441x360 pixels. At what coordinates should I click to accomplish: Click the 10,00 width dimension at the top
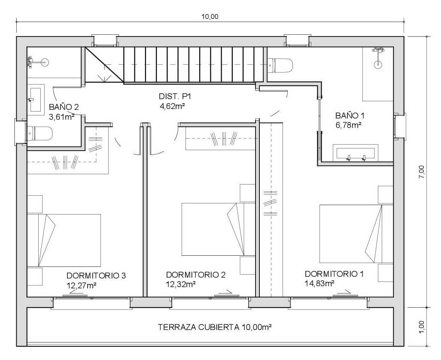(x=210, y=17)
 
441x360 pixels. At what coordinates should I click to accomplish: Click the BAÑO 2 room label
(x=64, y=107)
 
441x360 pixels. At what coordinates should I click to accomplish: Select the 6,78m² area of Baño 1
(x=349, y=125)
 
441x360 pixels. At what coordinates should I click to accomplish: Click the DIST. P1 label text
(x=175, y=97)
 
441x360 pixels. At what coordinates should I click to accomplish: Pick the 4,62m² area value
(x=172, y=106)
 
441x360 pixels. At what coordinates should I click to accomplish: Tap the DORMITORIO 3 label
(x=96, y=276)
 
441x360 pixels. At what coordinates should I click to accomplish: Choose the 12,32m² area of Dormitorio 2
(x=181, y=284)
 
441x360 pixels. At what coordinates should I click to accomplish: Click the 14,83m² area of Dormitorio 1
(x=319, y=283)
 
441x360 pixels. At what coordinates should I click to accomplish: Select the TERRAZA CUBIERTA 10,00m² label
(x=215, y=327)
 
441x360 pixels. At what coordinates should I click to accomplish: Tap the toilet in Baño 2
(x=40, y=133)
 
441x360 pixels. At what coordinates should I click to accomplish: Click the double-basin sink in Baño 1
(x=356, y=153)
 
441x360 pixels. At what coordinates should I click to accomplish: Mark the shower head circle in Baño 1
(x=378, y=65)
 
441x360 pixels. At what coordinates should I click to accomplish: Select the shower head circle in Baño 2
(x=45, y=62)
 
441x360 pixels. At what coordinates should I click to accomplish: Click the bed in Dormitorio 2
(x=218, y=229)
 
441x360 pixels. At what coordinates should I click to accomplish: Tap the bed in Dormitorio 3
(x=64, y=240)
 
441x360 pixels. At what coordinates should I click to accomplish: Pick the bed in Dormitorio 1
(x=356, y=234)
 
